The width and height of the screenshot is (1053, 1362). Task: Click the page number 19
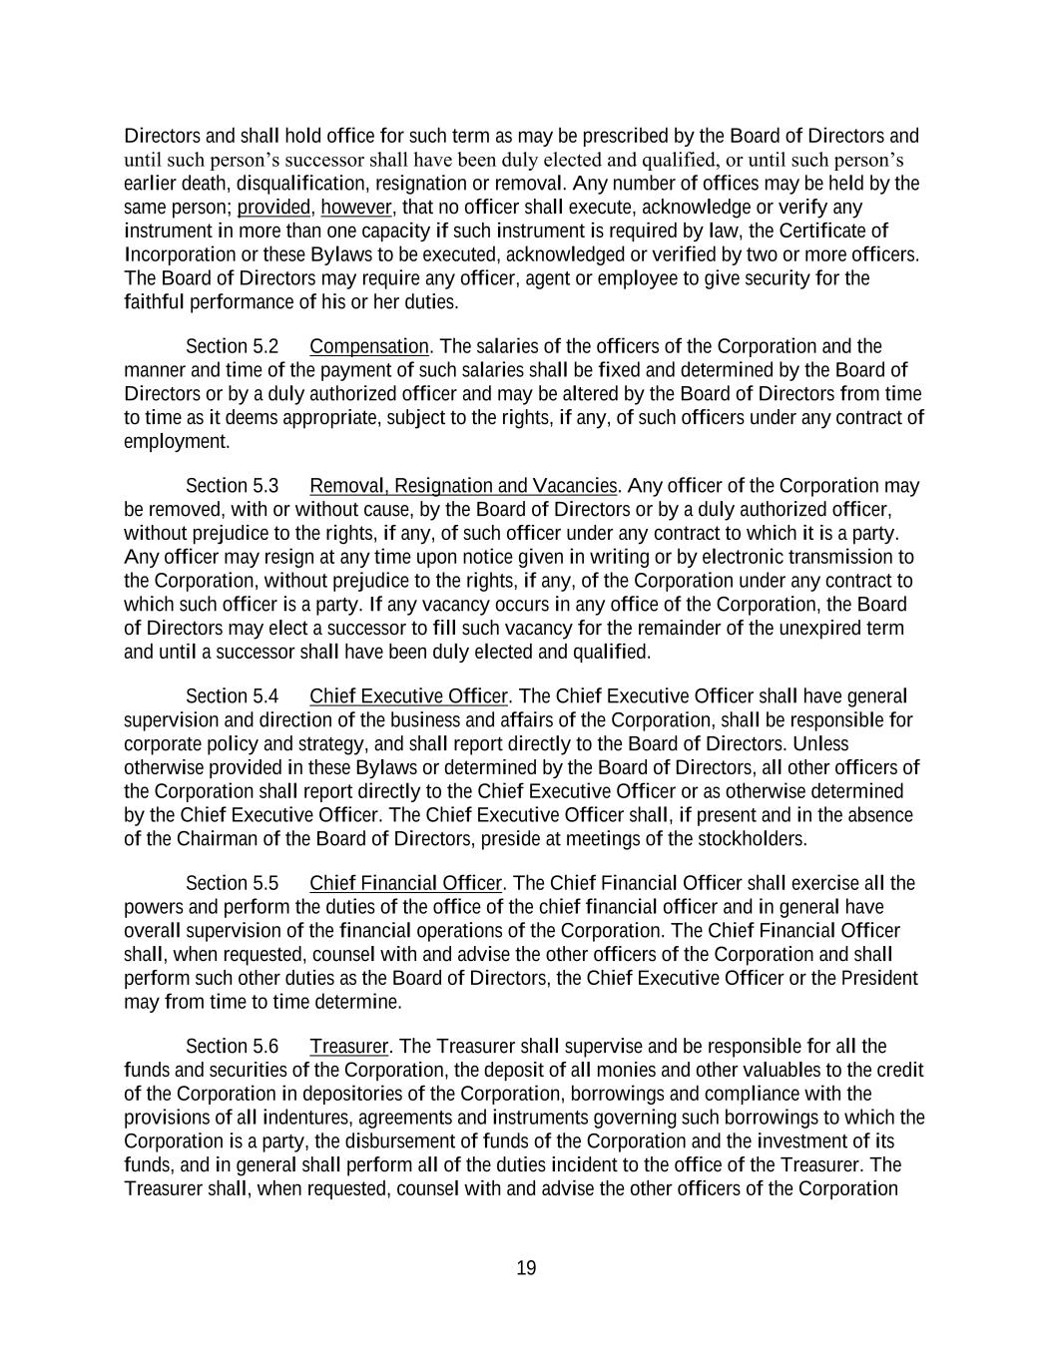[x=526, y=1268]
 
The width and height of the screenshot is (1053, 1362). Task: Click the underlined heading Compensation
[x=369, y=347]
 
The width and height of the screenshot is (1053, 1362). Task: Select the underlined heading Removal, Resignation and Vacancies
[x=463, y=487]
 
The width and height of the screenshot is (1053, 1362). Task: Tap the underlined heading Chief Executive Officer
[x=408, y=696]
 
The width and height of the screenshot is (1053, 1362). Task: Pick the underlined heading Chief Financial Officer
[x=405, y=884]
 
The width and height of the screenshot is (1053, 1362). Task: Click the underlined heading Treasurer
[x=348, y=1047]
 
